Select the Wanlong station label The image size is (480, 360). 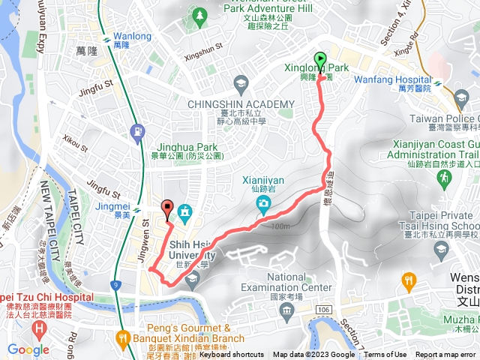pos(131,36)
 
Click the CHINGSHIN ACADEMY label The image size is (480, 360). pos(241,103)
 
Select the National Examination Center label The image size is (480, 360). pos(288,282)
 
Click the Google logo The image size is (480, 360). pos(28,349)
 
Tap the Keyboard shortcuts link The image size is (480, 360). pos(232,355)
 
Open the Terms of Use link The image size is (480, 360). pos(385,355)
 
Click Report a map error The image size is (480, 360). pos(446,355)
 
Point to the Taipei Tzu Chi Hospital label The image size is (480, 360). pos(46,297)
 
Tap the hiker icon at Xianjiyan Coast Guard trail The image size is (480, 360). pos(445,178)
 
